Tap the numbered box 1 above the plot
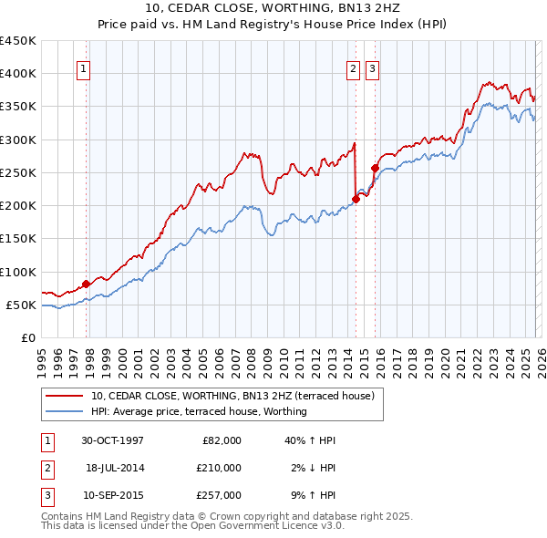[83, 67]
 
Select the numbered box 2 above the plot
[353, 67]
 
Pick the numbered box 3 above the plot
[372, 67]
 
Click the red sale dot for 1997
[87, 284]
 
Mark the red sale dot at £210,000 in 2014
[356, 200]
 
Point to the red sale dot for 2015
[375, 168]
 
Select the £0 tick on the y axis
[27, 337]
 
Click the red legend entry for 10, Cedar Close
[237, 396]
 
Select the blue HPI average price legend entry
[199, 411]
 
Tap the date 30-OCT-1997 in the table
[112, 440]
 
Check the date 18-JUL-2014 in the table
[115, 468]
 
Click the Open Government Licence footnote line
[193, 526]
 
